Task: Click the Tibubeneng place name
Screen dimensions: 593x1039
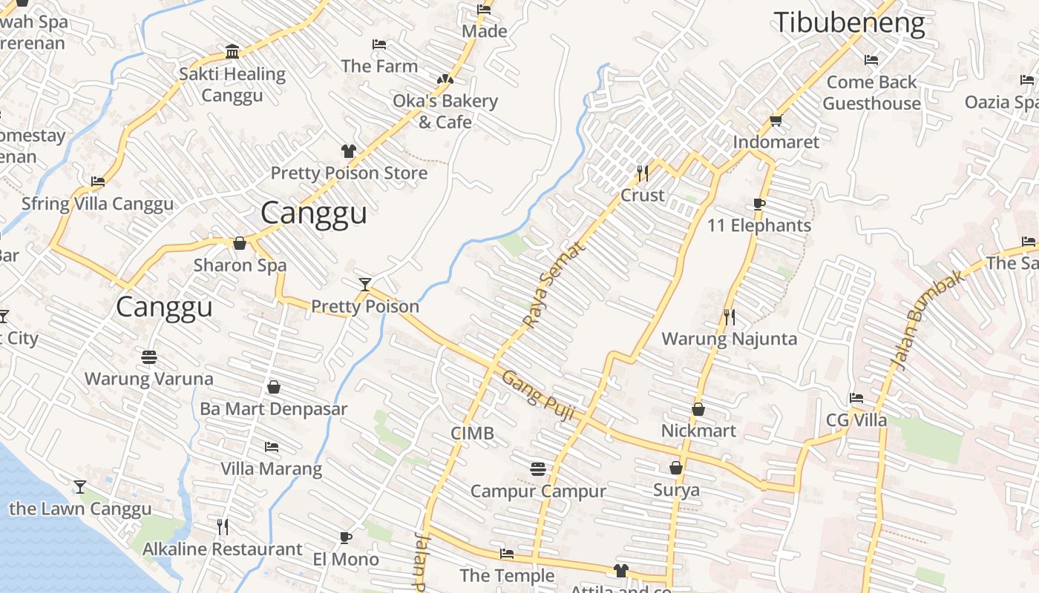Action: [849, 23]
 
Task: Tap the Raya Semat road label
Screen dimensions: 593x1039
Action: [554, 285]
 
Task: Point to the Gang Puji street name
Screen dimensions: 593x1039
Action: [539, 397]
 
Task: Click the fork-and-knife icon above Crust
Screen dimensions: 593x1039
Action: [643, 173]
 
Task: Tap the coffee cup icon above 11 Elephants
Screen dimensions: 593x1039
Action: [758, 204]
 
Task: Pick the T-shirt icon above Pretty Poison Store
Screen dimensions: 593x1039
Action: [348, 151]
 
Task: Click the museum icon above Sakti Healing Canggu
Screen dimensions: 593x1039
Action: [232, 52]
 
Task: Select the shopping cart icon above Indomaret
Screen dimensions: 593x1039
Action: [776, 120]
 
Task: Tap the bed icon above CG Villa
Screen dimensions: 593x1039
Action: [856, 398]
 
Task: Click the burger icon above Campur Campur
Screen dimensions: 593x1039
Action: [538, 468]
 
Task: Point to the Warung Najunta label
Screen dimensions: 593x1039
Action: [729, 339]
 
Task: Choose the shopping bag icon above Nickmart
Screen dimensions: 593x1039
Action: [698, 409]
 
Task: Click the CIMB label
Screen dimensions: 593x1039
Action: [472, 433]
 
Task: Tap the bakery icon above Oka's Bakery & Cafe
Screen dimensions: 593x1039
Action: [445, 79]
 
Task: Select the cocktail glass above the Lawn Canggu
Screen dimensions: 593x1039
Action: [80, 487]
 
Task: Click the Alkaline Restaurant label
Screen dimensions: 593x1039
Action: [223, 549]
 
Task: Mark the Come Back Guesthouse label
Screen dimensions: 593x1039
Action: [871, 93]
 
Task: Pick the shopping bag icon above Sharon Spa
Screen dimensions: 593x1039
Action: [240, 243]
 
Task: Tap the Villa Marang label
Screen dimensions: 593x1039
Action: [271, 468]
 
